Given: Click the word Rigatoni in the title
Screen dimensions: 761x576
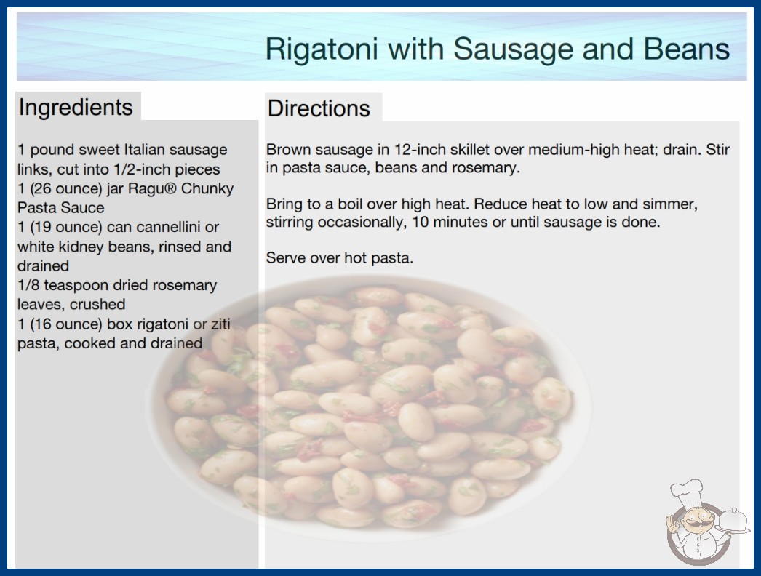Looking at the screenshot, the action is pyautogui.click(x=322, y=49).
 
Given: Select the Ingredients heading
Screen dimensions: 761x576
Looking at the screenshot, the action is pyautogui.click(x=76, y=108).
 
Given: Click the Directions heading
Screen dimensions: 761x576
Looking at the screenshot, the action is pyautogui.click(x=319, y=108).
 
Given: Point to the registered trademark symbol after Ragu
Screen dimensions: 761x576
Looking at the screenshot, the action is pyautogui.click(x=170, y=188).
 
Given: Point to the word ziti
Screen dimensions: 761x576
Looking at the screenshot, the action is pyautogui.click(x=220, y=324).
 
